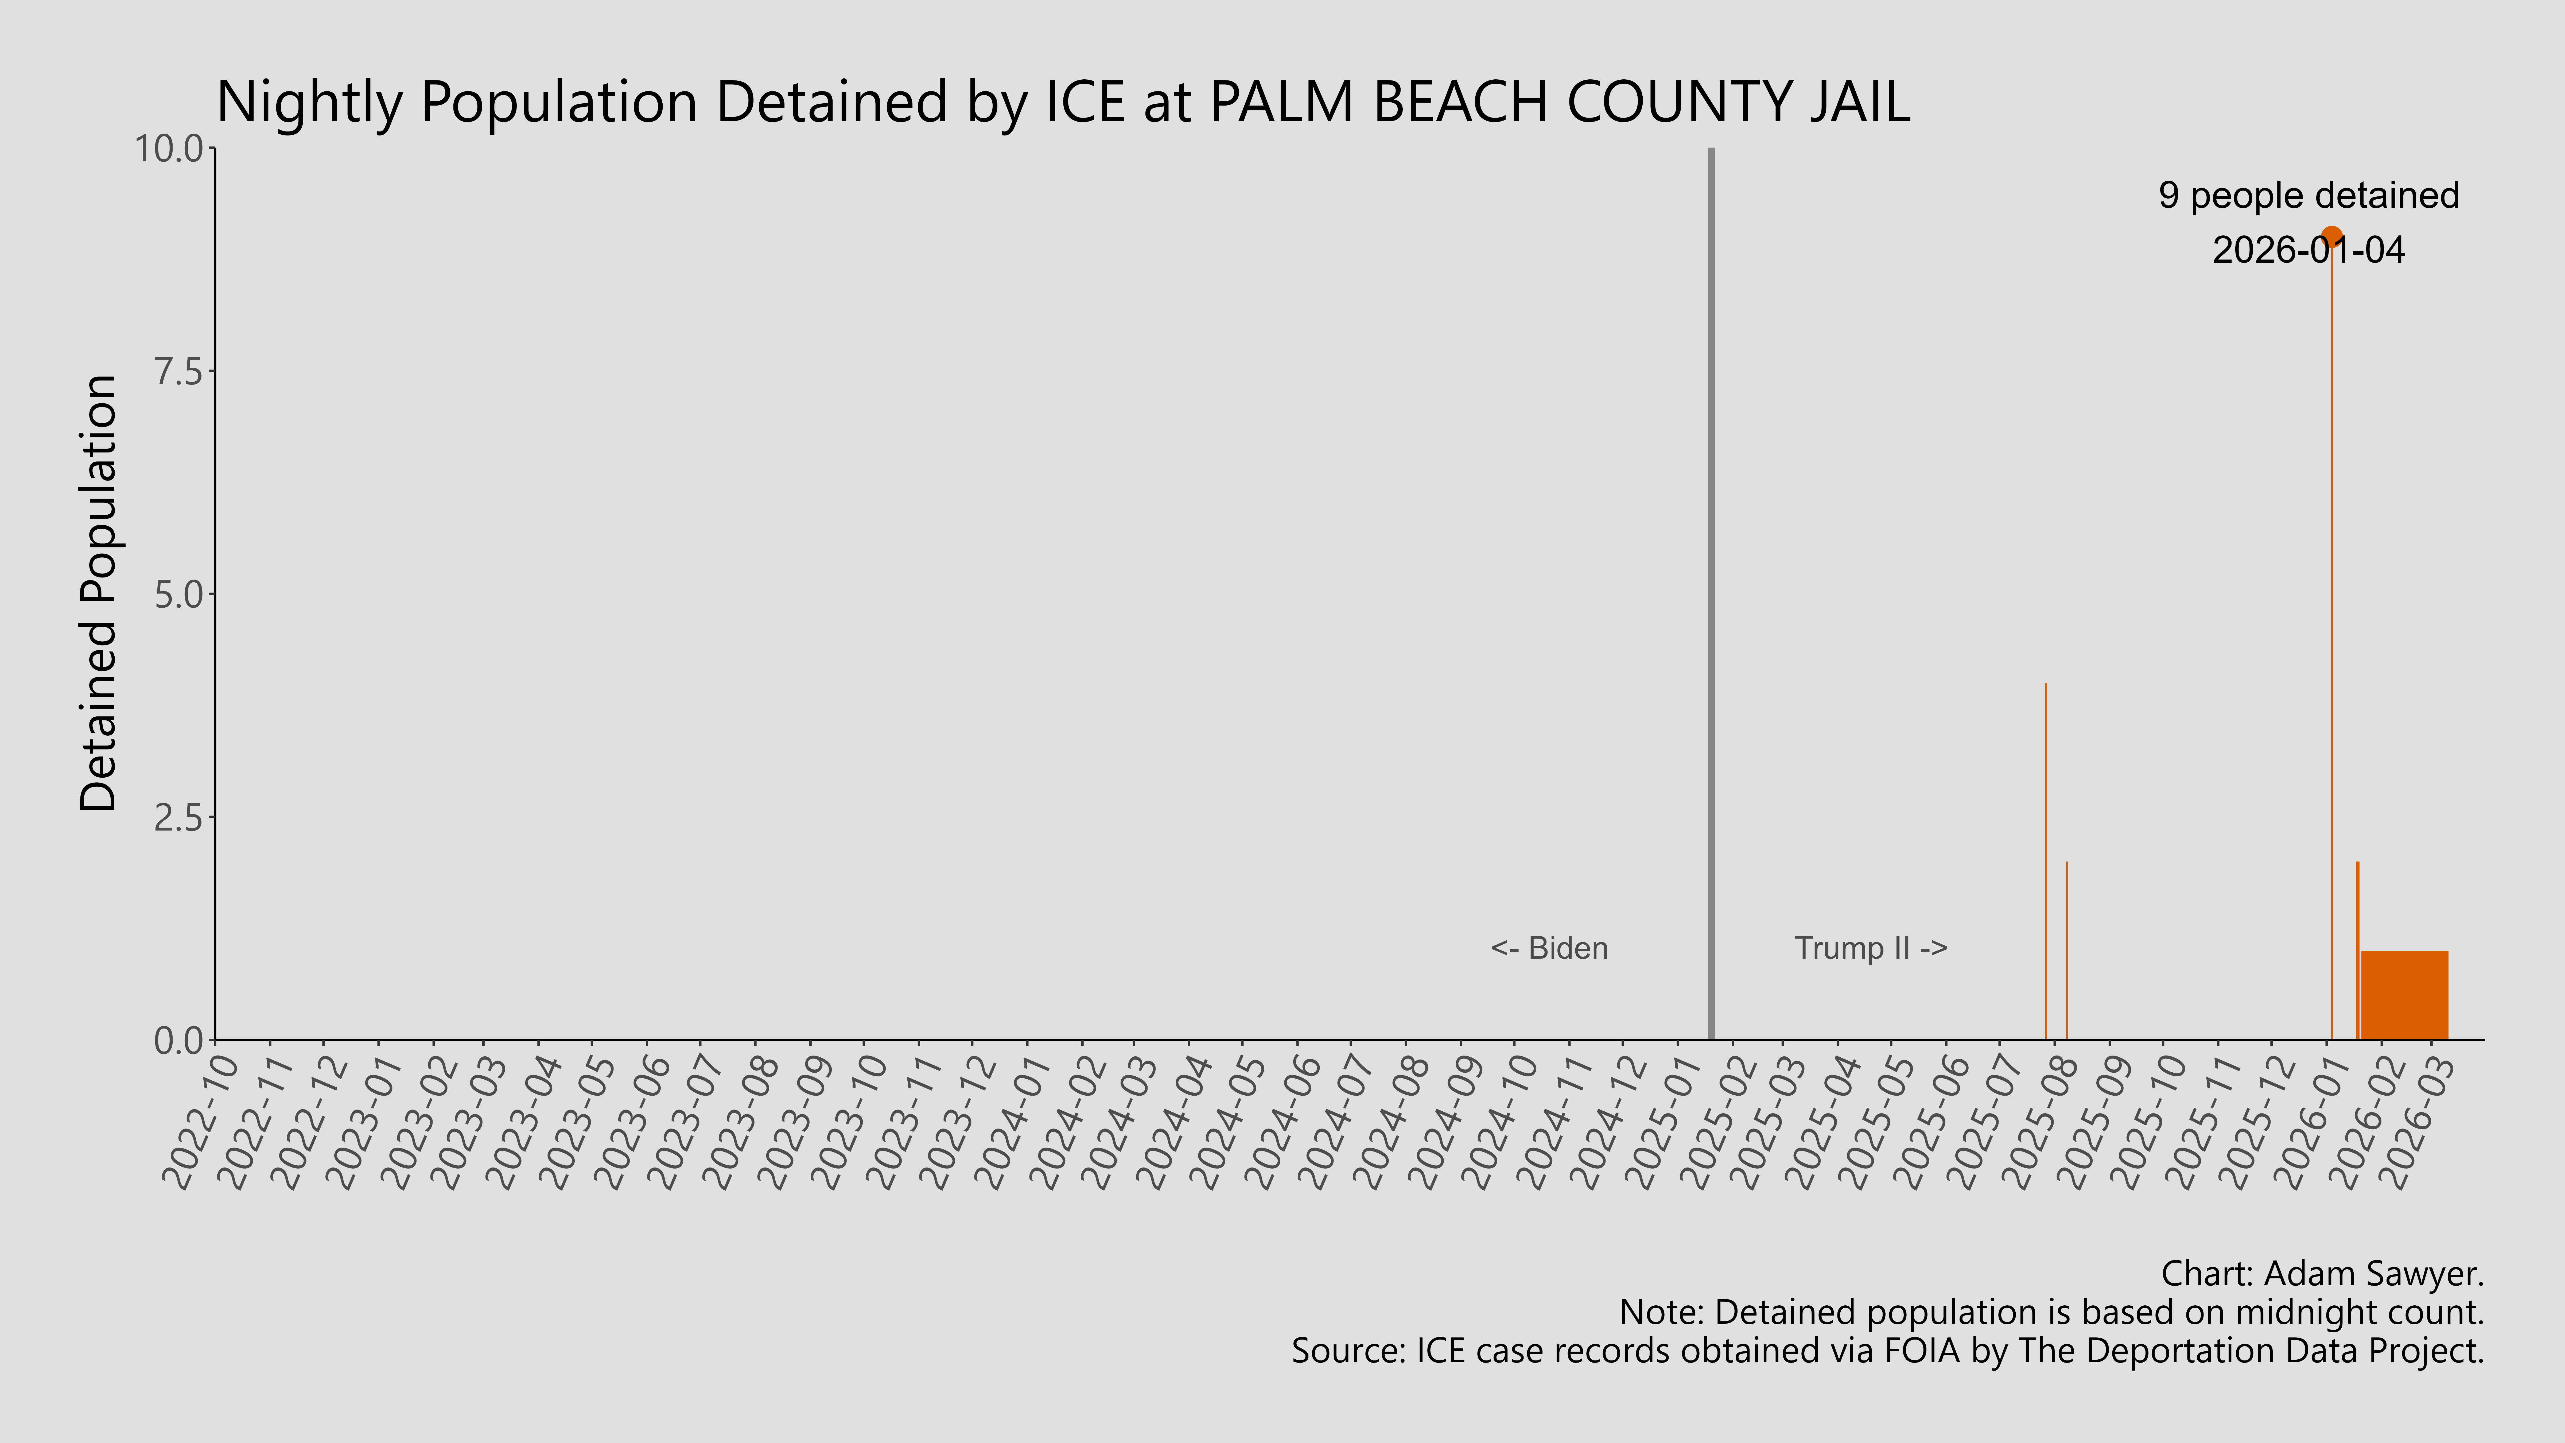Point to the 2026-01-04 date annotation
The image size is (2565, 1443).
pos(2308,250)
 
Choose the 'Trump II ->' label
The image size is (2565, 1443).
pos(1870,948)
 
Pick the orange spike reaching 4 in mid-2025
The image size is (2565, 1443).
pos(2045,856)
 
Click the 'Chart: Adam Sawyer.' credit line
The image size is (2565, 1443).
pos(2322,1274)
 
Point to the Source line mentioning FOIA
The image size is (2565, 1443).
pos(1887,1350)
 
